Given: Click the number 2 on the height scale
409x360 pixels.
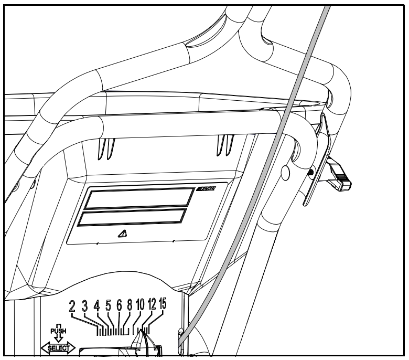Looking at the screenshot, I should pyautogui.click(x=73, y=306).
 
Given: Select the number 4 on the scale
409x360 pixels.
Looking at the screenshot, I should pyautogui.click(x=96, y=306).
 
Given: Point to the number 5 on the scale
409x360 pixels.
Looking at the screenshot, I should pyautogui.click(x=109, y=306).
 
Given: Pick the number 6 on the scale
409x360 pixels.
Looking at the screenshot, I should pyautogui.click(x=119, y=306).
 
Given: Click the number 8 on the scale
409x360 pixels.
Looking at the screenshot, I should pyautogui.click(x=130, y=306).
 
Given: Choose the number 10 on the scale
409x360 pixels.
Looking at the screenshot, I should pyautogui.click(x=140, y=305).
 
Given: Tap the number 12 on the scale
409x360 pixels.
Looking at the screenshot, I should pyautogui.click(x=152, y=305).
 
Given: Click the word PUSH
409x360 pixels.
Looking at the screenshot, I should pyautogui.click(x=58, y=331).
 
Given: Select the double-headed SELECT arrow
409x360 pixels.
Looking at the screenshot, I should pyautogui.click(x=58, y=347).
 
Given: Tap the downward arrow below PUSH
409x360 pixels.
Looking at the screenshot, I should pyautogui.click(x=58, y=338).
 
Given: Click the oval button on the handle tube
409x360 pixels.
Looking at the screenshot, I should pyautogui.click(x=285, y=173).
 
